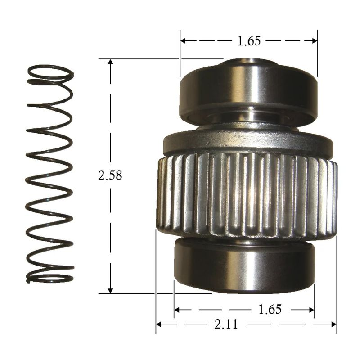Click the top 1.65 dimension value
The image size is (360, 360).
249,41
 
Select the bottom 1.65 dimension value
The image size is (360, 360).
270,309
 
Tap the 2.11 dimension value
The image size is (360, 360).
226,324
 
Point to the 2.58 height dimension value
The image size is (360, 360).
110,175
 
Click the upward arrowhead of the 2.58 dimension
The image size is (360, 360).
110,62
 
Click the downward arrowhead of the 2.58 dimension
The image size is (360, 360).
110,290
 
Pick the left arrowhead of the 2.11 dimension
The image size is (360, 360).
159,324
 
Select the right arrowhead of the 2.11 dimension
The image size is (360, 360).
333,324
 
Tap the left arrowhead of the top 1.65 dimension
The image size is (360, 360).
184,41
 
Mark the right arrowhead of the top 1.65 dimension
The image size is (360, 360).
314,41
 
